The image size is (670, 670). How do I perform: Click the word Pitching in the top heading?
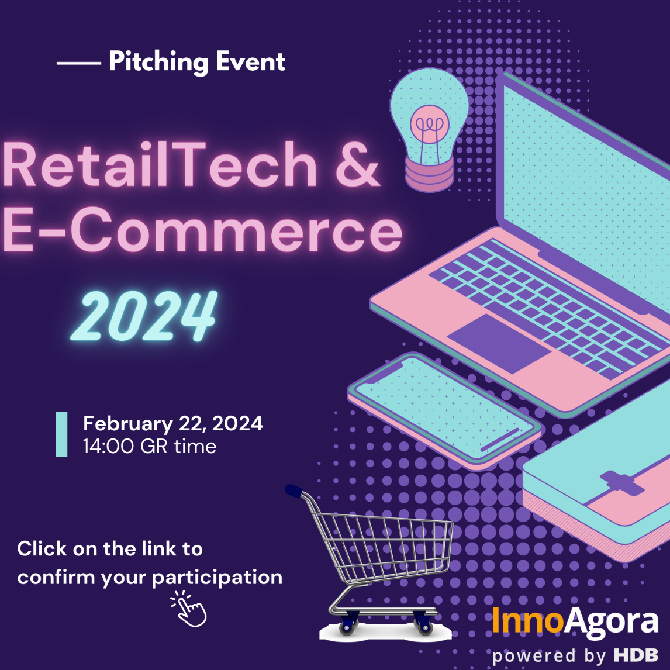158,63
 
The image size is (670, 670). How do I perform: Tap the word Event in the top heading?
250,61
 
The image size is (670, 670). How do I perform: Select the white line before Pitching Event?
78,63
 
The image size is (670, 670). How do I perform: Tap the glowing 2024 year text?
144,316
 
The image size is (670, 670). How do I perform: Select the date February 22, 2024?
173,423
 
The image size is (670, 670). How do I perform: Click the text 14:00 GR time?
150,447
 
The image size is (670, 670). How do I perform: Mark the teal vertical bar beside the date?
61,434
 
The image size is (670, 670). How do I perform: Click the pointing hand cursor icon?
189,609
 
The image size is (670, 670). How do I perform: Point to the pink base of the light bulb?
430,174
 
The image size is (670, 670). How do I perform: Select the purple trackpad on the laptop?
498,344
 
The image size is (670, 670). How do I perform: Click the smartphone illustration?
444,411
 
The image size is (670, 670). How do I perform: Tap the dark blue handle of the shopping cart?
295,491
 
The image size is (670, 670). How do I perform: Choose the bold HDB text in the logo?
636,655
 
